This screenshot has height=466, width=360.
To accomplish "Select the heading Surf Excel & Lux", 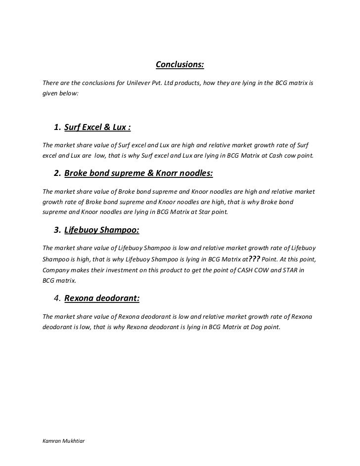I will point(97,128).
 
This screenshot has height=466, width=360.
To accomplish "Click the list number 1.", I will point(57,128).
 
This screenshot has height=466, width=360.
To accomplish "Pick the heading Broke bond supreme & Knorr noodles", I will point(138,174).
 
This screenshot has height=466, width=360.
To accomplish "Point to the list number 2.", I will point(57,174).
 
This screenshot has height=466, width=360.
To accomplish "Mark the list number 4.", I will point(57,298).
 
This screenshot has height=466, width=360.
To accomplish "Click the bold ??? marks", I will point(254,258).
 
